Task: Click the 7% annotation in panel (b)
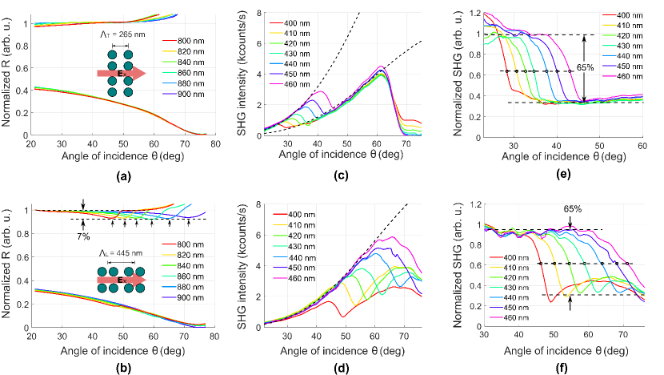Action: pyautogui.click(x=83, y=236)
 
